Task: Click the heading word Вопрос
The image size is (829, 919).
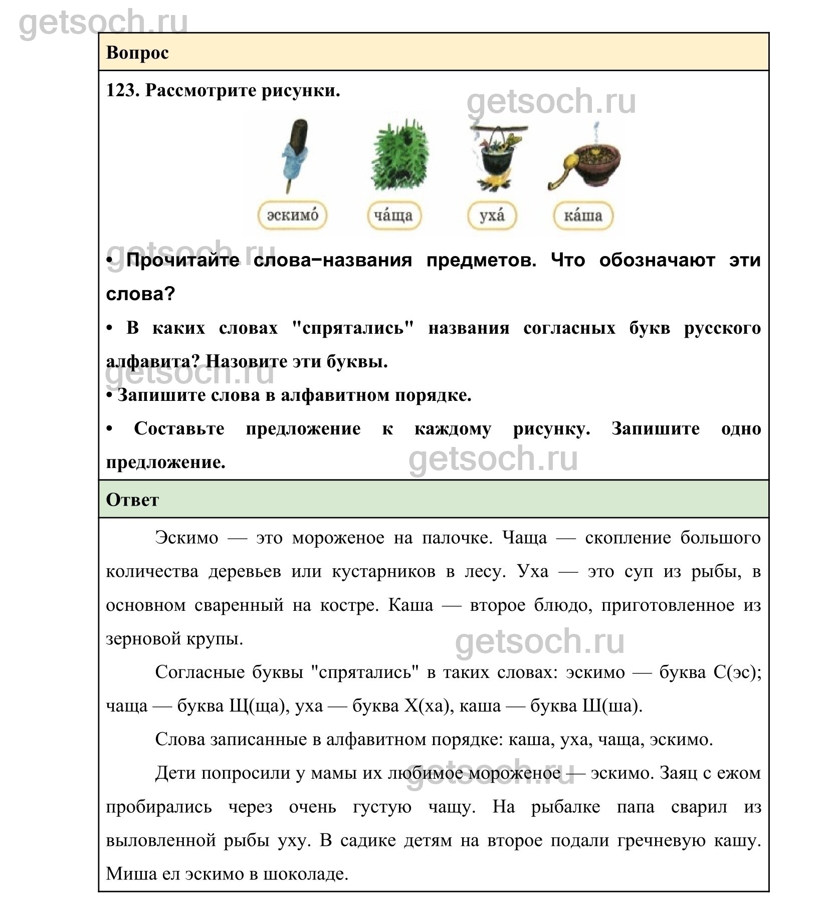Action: [x=137, y=53]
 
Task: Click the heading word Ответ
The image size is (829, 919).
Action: [x=132, y=500]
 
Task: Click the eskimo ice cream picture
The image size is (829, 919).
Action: [x=295, y=153]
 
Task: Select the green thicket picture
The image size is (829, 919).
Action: [x=399, y=154]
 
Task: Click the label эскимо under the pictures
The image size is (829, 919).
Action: [x=292, y=215]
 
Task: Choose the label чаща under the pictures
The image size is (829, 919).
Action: [x=393, y=215]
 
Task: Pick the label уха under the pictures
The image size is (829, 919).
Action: [x=492, y=215]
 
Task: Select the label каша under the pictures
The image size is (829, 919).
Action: [x=583, y=215]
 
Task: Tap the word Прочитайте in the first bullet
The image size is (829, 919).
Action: [x=183, y=261]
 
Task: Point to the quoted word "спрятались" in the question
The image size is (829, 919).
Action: [x=353, y=328]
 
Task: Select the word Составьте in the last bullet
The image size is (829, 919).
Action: [x=179, y=429]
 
